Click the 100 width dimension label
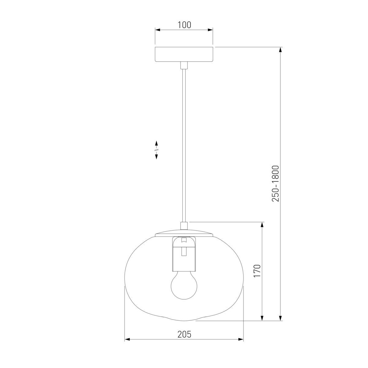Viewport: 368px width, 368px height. [x=184, y=25]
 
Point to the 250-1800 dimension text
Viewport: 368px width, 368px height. [x=275, y=184]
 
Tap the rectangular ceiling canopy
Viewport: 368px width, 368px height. [x=184, y=54]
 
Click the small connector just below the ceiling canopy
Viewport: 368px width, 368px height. [x=184, y=65]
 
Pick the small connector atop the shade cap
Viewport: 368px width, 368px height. [x=184, y=226]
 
